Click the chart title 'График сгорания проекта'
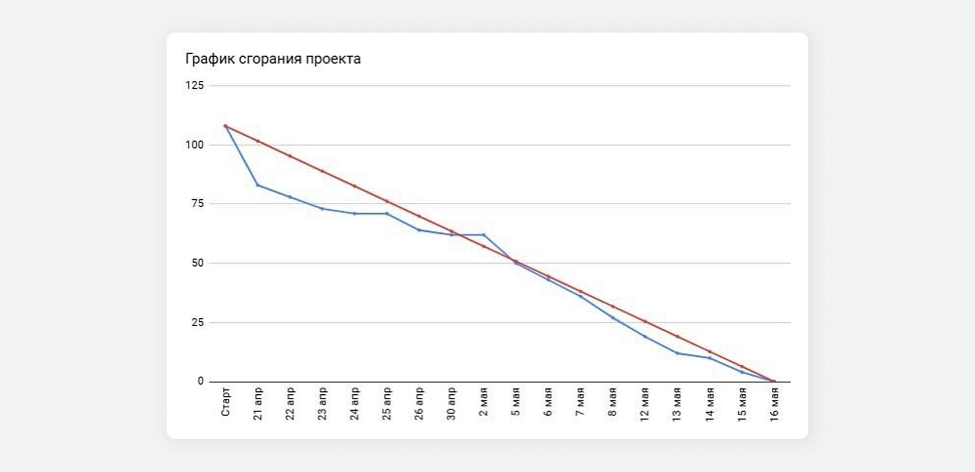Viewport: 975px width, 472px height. point(273,59)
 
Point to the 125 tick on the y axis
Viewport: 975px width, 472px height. point(194,85)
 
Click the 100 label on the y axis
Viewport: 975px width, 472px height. point(194,145)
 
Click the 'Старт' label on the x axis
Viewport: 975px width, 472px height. point(226,402)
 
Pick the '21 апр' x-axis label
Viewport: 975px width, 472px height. point(258,404)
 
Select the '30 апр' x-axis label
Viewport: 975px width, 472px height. point(451,404)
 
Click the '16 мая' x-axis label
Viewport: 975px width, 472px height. point(774,404)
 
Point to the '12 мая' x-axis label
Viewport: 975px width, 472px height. point(645,404)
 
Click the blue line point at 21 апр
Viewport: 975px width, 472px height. point(258,185)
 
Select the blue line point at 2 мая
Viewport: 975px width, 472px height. point(484,235)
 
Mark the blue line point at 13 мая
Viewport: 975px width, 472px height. point(677,353)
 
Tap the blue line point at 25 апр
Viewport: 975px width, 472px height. point(387,213)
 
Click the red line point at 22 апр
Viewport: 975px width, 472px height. point(290,155)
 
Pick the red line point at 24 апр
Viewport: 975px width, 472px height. point(354,186)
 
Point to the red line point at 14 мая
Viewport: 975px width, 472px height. point(710,352)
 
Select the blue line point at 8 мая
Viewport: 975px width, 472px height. point(613,318)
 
